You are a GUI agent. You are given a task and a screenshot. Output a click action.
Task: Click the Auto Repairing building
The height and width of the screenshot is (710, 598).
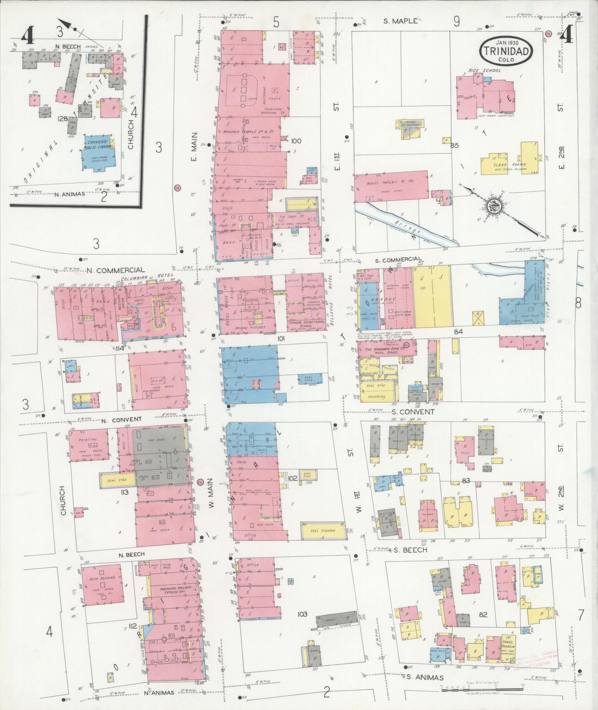click(x=102, y=590)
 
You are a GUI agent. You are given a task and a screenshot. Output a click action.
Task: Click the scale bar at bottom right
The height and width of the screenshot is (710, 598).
click(x=482, y=690)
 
